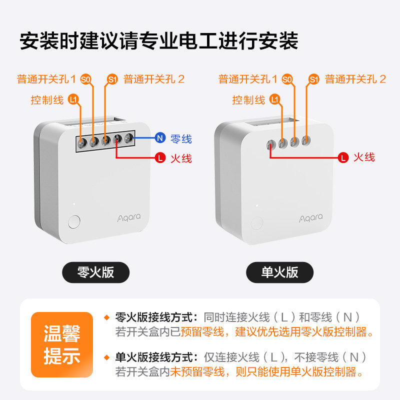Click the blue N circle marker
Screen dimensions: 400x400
(160, 138)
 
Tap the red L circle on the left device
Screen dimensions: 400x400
(160, 157)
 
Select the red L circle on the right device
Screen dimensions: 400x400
(343, 157)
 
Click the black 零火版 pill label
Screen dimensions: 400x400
(95, 272)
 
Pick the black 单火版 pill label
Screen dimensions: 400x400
(279, 272)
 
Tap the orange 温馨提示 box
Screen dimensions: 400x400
(62, 344)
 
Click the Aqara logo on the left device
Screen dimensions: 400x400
(129, 217)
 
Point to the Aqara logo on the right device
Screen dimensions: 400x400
(310, 218)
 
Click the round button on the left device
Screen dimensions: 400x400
(74, 221)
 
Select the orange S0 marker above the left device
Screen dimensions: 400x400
(85, 79)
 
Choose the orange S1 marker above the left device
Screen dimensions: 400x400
(112, 79)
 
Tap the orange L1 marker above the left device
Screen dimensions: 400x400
(73, 99)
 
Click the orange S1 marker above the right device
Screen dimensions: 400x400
(314, 79)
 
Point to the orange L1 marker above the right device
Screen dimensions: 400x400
(274, 99)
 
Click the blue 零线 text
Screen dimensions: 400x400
(181, 139)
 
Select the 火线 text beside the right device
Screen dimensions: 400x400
(364, 157)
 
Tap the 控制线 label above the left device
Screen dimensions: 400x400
(47, 99)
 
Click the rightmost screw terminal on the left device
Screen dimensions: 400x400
(129, 138)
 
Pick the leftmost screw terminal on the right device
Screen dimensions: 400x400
(271, 145)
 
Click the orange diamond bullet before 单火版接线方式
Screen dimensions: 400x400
(106, 357)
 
